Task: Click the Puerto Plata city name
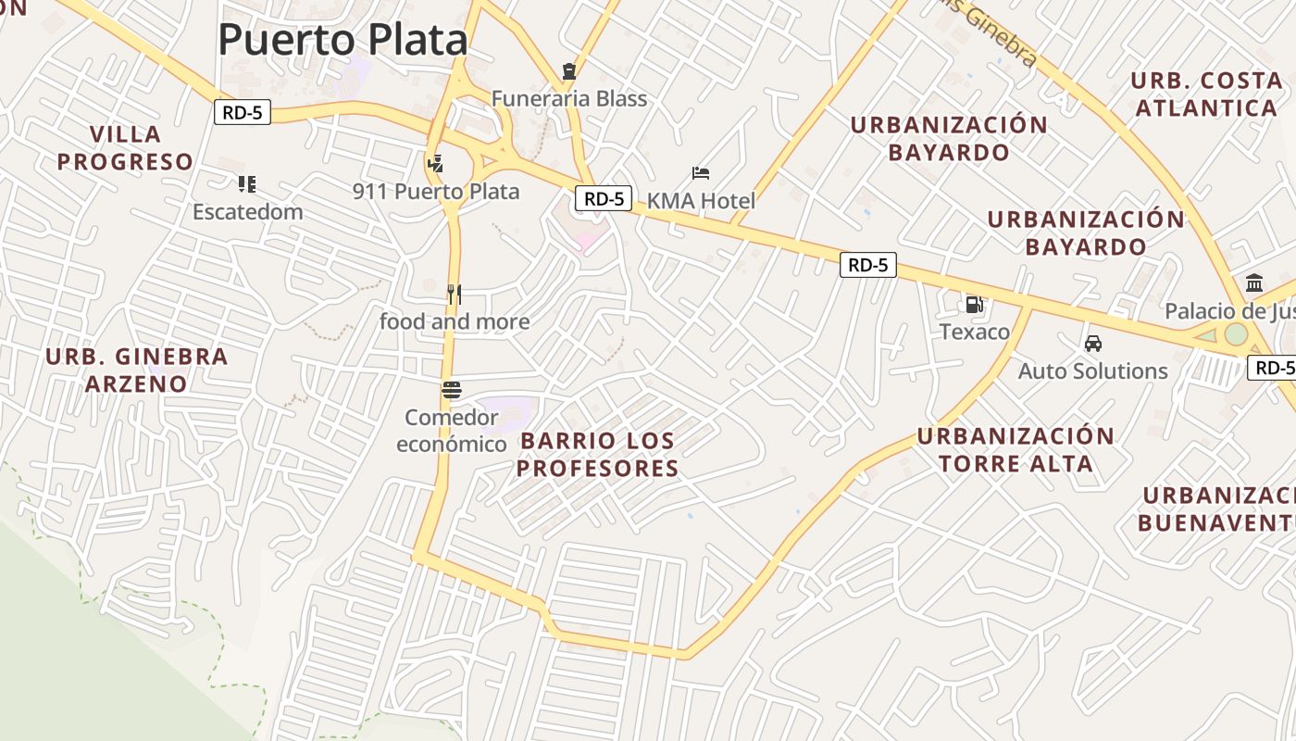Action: tap(343, 40)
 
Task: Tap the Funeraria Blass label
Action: tap(568, 98)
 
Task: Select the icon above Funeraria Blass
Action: tap(568, 70)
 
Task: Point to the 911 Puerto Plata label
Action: tap(436, 192)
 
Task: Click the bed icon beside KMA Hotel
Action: tap(701, 173)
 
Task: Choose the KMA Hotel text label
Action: tap(701, 200)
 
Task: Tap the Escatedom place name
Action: tap(247, 211)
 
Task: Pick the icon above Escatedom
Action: tap(246, 183)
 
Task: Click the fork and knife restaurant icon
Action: tap(454, 295)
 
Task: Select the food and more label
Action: tap(455, 321)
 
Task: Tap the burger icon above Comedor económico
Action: tap(452, 390)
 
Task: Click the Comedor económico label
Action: tap(452, 431)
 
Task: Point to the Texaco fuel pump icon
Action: tap(974, 304)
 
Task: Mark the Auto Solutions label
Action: tap(1093, 370)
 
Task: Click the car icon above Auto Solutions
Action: tap(1093, 344)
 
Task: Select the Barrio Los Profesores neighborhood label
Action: tap(597, 454)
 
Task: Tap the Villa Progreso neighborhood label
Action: tap(125, 148)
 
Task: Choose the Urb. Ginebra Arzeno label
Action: tap(136, 370)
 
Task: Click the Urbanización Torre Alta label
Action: tap(1016, 449)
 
